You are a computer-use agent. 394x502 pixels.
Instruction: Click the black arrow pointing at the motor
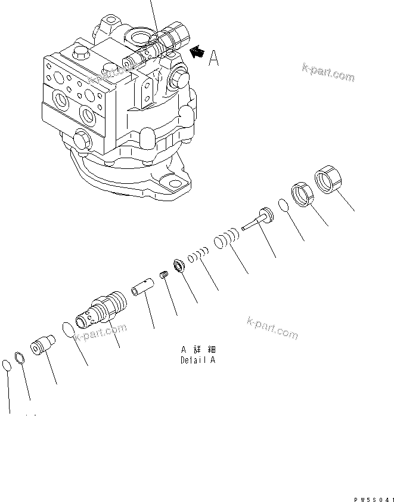(196, 54)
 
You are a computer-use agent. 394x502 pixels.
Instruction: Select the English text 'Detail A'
(197, 361)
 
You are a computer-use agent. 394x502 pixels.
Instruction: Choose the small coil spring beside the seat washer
(197, 257)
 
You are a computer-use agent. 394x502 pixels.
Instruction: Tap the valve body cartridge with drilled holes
(98, 307)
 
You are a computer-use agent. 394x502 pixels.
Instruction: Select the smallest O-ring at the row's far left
(7, 365)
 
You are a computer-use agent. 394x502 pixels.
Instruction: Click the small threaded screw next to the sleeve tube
(166, 276)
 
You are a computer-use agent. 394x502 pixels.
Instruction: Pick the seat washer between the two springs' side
(178, 265)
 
